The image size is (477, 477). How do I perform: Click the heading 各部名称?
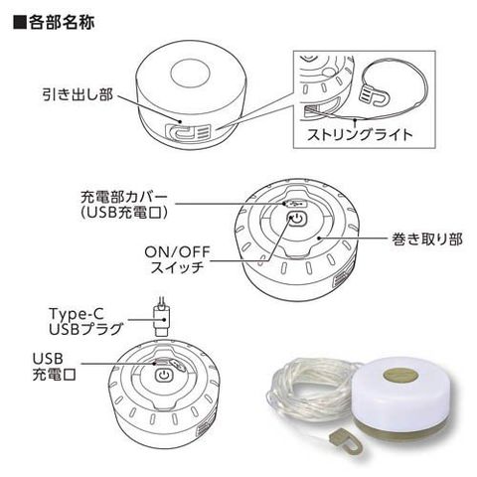pyautogui.click(x=62, y=22)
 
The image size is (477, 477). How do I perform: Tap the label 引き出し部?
pyautogui.click(x=78, y=94)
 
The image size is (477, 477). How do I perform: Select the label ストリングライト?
pyautogui.click(x=360, y=135)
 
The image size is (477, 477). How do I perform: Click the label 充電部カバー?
pyautogui.click(x=124, y=198)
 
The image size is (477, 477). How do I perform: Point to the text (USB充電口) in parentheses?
pyautogui.click(x=123, y=213)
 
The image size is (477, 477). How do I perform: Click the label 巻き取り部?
pyautogui.click(x=427, y=239)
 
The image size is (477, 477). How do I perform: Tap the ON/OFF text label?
pyautogui.click(x=177, y=252)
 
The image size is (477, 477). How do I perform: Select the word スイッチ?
pyautogui.click(x=177, y=267)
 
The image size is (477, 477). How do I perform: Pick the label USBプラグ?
pyautogui.click(x=86, y=329)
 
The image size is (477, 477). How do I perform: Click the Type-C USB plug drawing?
pyautogui.click(x=161, y=318)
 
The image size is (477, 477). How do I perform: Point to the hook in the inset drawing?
pyautogui.click(x=375, y=96)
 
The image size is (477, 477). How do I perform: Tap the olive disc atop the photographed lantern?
pyautogui.click(x=401, y=377)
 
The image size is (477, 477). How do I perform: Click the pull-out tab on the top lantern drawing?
pyautogui.click(x=188, y=131)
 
